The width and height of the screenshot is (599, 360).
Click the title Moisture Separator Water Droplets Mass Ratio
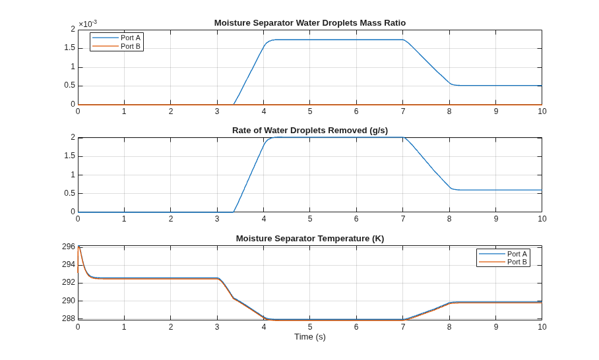coord(310,23)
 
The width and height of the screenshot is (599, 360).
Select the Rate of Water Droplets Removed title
coord(310,131)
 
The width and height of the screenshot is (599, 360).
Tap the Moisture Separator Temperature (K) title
coord(310,239)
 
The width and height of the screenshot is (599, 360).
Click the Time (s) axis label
coord(310,337)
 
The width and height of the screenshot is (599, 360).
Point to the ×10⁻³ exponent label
coord(88,24)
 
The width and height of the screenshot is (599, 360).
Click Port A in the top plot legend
coord(131,38)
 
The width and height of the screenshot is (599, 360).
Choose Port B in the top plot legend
coord(131,46)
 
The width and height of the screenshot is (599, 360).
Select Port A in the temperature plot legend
coord(517,254)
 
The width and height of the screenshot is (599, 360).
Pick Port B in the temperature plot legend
coord(517,262)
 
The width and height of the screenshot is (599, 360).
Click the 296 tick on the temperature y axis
coord(69,247)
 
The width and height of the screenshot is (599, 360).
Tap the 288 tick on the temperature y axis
coord(69,318)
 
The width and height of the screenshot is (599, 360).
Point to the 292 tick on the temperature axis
coord(69,282)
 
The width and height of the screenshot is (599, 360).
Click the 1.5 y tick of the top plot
coord(70,49)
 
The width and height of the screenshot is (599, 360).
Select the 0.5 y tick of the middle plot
coord(70,194)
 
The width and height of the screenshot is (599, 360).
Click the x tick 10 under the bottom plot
coord(542,327)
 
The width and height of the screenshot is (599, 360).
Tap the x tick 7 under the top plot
coord(403,111)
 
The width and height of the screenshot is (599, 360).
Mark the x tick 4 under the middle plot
coord(264,219)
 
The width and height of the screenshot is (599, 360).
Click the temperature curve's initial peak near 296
coord(79,246)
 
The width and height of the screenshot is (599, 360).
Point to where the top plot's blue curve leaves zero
coord(234,104)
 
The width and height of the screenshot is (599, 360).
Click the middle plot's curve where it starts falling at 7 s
coord(404,137)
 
